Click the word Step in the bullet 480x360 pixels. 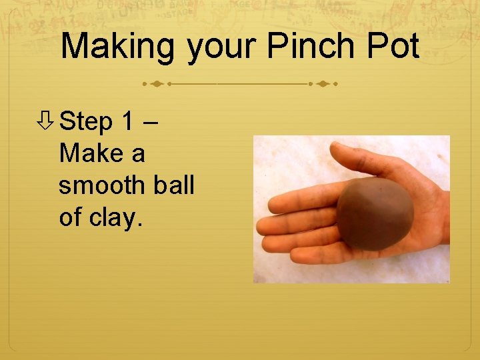(x=86, y=122)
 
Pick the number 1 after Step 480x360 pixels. (x=128, y=122)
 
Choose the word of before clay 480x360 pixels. (x=69, y=217)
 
